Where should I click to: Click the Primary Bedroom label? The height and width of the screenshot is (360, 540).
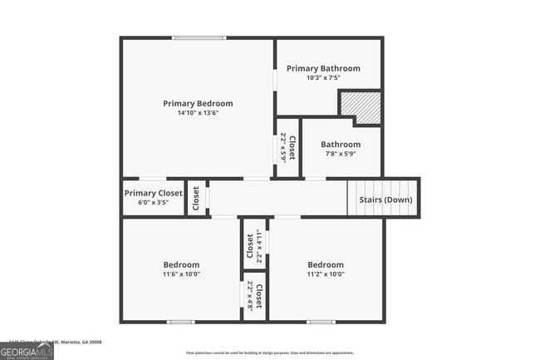point(198,103)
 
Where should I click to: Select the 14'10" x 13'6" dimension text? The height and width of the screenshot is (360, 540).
point(198,114)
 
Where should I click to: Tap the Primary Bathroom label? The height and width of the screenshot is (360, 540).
point(323,68)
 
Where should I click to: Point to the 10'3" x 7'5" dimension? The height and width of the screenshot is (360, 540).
point(323,78)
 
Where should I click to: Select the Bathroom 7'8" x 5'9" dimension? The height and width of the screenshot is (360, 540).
point(341,153)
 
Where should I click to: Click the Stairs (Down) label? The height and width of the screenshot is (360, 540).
point(385,200)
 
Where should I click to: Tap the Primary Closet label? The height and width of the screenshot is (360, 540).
point(153,193)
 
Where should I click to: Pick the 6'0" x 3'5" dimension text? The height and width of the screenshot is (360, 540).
point(153,202)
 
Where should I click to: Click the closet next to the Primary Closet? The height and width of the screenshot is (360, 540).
point(196,198)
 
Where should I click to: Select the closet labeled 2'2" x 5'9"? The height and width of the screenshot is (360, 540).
point(287,147)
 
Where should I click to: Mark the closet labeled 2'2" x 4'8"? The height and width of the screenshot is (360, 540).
point(254,296)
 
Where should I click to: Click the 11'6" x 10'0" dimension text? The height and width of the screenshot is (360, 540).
point(181,274)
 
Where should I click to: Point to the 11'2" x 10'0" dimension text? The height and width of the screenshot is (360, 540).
point(325,274)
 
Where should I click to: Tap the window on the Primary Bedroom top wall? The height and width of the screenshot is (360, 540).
point(199,38)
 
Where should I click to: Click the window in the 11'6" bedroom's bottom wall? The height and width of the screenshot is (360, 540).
point(180,322)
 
